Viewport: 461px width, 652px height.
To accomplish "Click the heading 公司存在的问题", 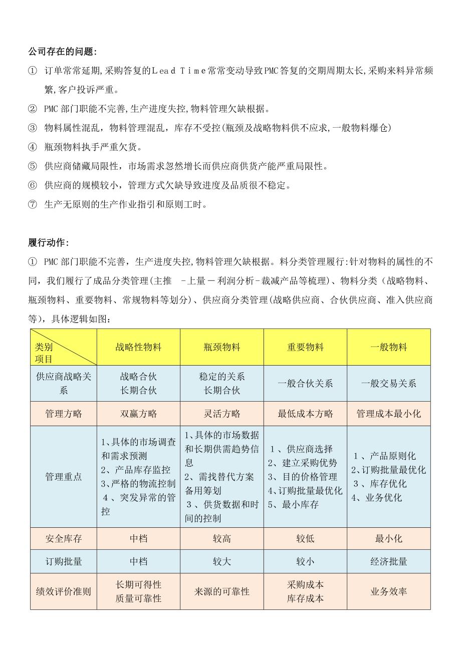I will point(63,52).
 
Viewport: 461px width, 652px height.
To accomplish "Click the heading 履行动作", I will point(49,243).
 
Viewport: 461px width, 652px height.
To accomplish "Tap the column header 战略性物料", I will point(138,347).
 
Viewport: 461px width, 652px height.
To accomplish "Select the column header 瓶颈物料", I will point(222,347).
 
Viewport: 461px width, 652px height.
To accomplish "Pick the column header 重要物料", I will point(305,347).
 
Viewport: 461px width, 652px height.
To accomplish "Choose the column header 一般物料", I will point(388,347).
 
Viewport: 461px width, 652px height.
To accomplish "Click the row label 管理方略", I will point(64,414).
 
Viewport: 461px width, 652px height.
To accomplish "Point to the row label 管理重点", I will point(64,477).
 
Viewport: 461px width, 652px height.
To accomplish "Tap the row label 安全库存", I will point(64,539).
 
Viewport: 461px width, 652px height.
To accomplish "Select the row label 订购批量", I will point(64,561).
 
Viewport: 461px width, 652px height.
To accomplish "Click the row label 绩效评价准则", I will point(64,591).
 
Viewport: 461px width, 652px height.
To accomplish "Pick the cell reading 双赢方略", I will point(138,414).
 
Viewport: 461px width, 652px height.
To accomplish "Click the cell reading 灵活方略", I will point(222,414).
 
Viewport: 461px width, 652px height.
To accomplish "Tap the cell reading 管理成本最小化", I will point(388,414).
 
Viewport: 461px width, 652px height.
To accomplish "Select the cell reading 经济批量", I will point(388,561).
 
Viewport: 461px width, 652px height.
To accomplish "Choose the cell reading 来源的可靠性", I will point(222,591).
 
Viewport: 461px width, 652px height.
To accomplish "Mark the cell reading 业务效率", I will point(388,591).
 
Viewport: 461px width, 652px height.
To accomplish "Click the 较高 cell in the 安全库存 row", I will point(222,539).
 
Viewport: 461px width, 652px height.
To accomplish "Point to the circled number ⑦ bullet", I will point(33,204).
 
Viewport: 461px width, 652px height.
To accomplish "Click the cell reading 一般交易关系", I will point(388,384).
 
